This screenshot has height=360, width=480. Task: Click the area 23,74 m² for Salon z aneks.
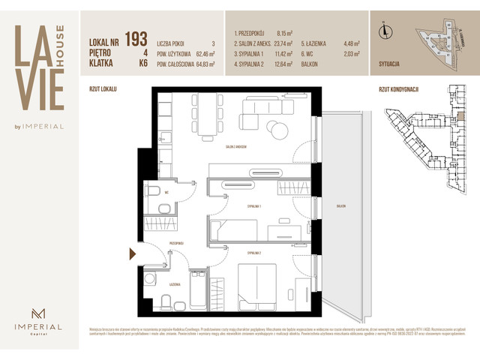(x=287, y=43)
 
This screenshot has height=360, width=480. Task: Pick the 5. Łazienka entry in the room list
(x=319, y=43)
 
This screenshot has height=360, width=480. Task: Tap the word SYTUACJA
(x=385, y=65)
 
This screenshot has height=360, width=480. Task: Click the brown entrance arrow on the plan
(x=133, y=255)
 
